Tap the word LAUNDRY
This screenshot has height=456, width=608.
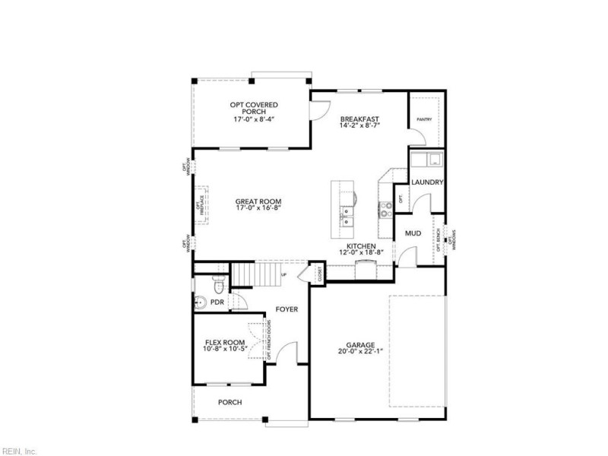pos(426,183)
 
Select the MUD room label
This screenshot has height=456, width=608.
pos(413,233)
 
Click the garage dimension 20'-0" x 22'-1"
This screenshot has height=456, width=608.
pos(360,352)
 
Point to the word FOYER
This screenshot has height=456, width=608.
pos(287,309)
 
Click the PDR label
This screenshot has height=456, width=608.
pos(217,302)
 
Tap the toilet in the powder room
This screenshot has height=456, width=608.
pos(219,287)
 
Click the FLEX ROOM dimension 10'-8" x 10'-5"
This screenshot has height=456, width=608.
pos(224,350)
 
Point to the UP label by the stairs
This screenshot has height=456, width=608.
pos(284,274)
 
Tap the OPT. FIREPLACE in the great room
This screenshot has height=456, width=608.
pos(202,204)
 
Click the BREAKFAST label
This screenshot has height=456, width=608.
pos(359,119)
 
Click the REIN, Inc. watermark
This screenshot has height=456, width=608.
pos(19,451)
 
